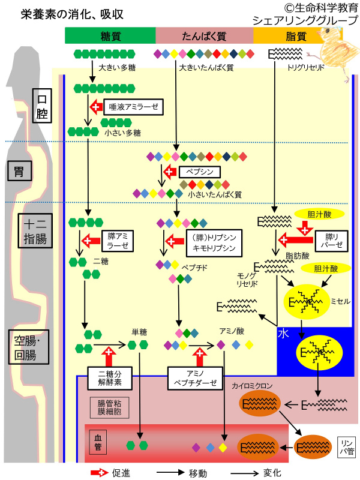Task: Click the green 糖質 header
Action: [110, 35]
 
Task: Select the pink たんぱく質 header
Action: [204, 35]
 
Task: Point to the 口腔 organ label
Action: [43, 106]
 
